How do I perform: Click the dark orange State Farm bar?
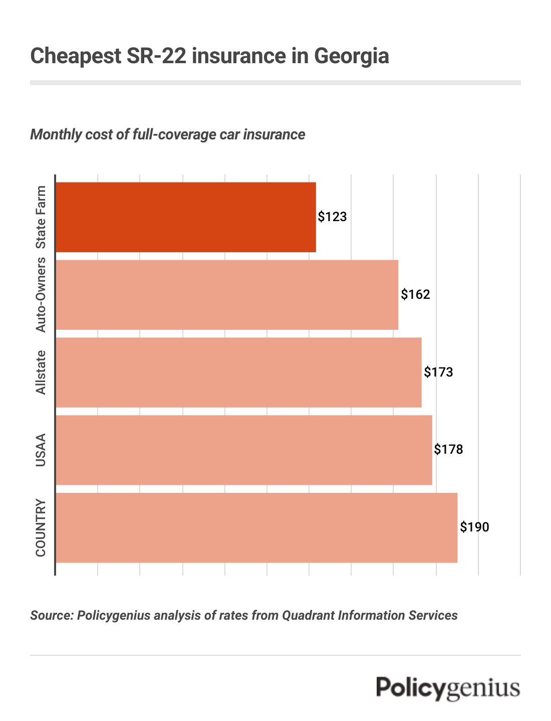pos(185,217)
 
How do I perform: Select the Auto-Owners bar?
pos(227,295)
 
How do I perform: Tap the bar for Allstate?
pos(238,373)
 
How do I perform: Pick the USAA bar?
pos(243,450)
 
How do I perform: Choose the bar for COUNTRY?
pos(256,527)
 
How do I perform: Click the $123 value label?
pos(333,217)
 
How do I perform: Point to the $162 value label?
pos(415,294)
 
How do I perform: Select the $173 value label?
pos(438,372)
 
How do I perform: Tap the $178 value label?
pos(448,449)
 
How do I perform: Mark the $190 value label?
pos(474,527)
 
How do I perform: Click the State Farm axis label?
pos(41,217)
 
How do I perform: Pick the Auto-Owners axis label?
pos(41,295)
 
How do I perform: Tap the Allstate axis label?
pos(41,373)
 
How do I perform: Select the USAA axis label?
pos(41,450)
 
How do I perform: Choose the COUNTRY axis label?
pos(41,527)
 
